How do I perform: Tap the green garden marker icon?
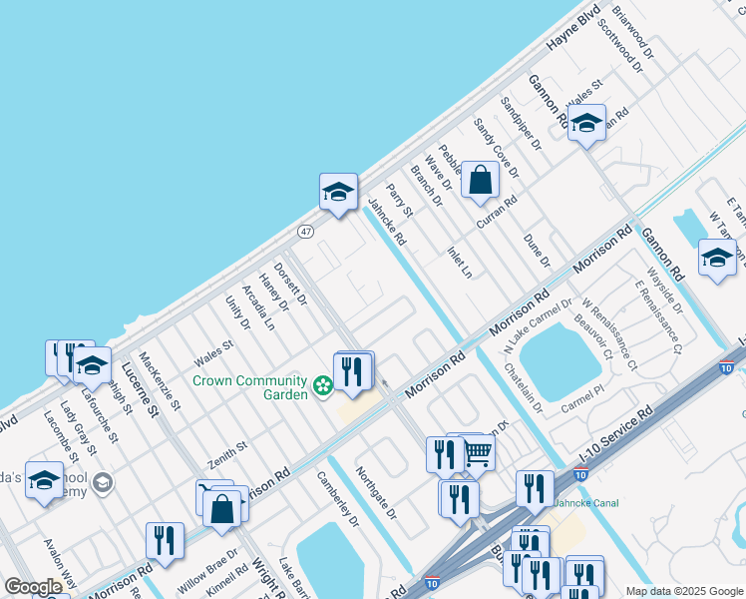coord(322,385)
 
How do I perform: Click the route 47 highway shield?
coord(305,232)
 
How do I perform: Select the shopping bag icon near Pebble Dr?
coord(481,181)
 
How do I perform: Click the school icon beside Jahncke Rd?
coord(338,193)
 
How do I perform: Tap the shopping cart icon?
coord(479,453)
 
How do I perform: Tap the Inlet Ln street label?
coord(459,262)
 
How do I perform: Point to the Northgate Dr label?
coord(377,493)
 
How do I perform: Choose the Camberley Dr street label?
coord(338,499)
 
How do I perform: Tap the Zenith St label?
coord(226,458)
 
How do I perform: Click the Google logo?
coord(33,587)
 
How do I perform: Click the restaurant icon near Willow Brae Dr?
coord(165,540)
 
